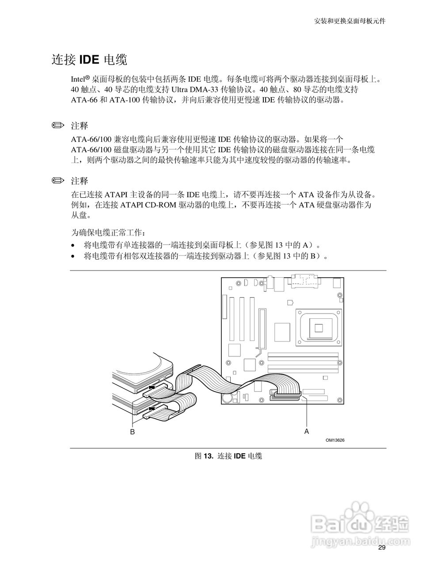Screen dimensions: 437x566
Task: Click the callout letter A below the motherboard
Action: coord(307,430)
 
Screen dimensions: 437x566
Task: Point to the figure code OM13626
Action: coord(335,440)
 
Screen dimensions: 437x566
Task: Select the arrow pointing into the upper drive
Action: coord(152,387)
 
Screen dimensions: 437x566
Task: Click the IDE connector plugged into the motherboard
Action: coord(287,395)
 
